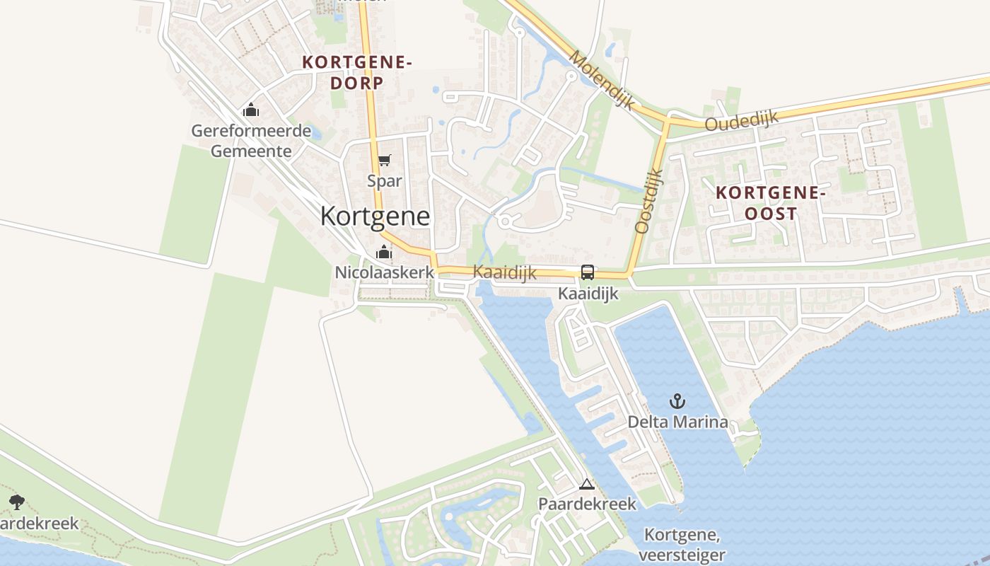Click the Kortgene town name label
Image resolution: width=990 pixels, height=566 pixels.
[x=375, y=216]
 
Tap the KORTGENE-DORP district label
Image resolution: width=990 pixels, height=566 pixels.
[x=356, y=72]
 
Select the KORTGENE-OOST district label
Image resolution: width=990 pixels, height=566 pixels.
[x=770, y=202]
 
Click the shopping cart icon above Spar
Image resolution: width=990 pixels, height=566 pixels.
[x=384, y=161]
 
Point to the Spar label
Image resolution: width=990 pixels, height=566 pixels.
[x=384, y=181]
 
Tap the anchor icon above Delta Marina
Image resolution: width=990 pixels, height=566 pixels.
[x=677, y=402]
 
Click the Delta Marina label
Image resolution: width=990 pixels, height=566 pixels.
[x=677, y=422]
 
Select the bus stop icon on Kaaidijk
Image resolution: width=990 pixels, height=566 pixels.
[x=587, y=272]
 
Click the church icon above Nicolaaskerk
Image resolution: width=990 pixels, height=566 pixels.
[x=384, y=252]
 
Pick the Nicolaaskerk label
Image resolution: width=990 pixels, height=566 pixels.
[x=384, y=272]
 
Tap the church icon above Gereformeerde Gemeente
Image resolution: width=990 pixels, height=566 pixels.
[x=251, y=110]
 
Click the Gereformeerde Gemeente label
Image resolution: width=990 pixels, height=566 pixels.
[x=251, y=141]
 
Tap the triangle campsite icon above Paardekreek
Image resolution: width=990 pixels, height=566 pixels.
[x=586, y=485]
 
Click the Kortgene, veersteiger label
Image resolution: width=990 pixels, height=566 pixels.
[x=685, y=545]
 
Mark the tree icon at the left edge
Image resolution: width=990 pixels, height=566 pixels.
[x=17, y=503]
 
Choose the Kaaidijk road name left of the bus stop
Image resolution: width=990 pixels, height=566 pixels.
[x=504, y=272]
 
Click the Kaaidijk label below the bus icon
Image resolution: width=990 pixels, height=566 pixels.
[x=588, y=293]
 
